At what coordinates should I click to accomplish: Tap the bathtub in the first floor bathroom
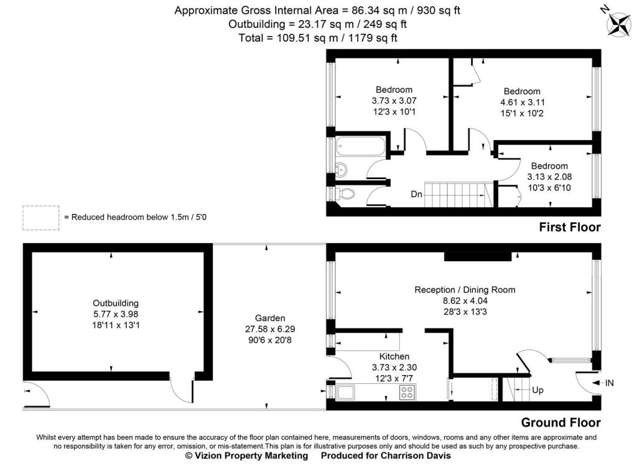(x=360, y=146)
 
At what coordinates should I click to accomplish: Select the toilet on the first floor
(x=345, y=194)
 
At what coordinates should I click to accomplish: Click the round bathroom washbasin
(x=342, y=170)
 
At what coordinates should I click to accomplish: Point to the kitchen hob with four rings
(x=407, y=392)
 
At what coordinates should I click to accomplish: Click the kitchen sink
(x=345, y=392)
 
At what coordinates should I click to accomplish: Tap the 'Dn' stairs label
(x=416, y=194)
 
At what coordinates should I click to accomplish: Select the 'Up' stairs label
(x=537, y=390)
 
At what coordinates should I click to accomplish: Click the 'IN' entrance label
(x=610, y=383)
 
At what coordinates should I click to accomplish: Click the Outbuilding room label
(x=116, y=303)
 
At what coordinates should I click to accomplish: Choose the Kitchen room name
(x=394, y=356)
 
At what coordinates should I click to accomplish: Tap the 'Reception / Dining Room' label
(x=465, y=290)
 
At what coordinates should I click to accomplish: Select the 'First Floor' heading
(x=570, y=227)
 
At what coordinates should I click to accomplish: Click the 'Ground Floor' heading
(x=560, y=422)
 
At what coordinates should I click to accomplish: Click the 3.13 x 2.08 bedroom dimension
(x=549, y=177)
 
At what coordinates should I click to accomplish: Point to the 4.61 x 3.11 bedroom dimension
(x=522, y=103)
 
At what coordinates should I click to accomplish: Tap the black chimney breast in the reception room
(x=478, y=256)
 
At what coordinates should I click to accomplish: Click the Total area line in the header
(x=318, y=38)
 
